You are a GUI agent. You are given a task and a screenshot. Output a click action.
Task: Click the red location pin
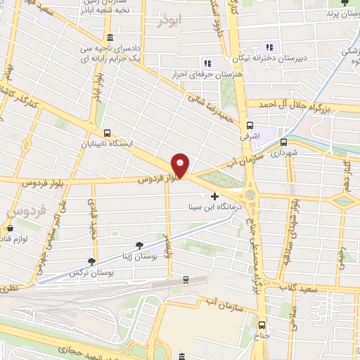coord(181,165)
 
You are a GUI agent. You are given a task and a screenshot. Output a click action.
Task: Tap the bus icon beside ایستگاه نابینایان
coord(107,132)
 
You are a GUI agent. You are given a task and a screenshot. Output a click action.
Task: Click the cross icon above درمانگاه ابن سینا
coord(214,196)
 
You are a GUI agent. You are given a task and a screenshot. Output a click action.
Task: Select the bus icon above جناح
coord(262,325)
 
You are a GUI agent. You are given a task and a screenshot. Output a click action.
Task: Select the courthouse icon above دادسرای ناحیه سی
coord(109,38)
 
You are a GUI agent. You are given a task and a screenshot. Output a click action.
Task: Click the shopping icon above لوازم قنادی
coord(10,229)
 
